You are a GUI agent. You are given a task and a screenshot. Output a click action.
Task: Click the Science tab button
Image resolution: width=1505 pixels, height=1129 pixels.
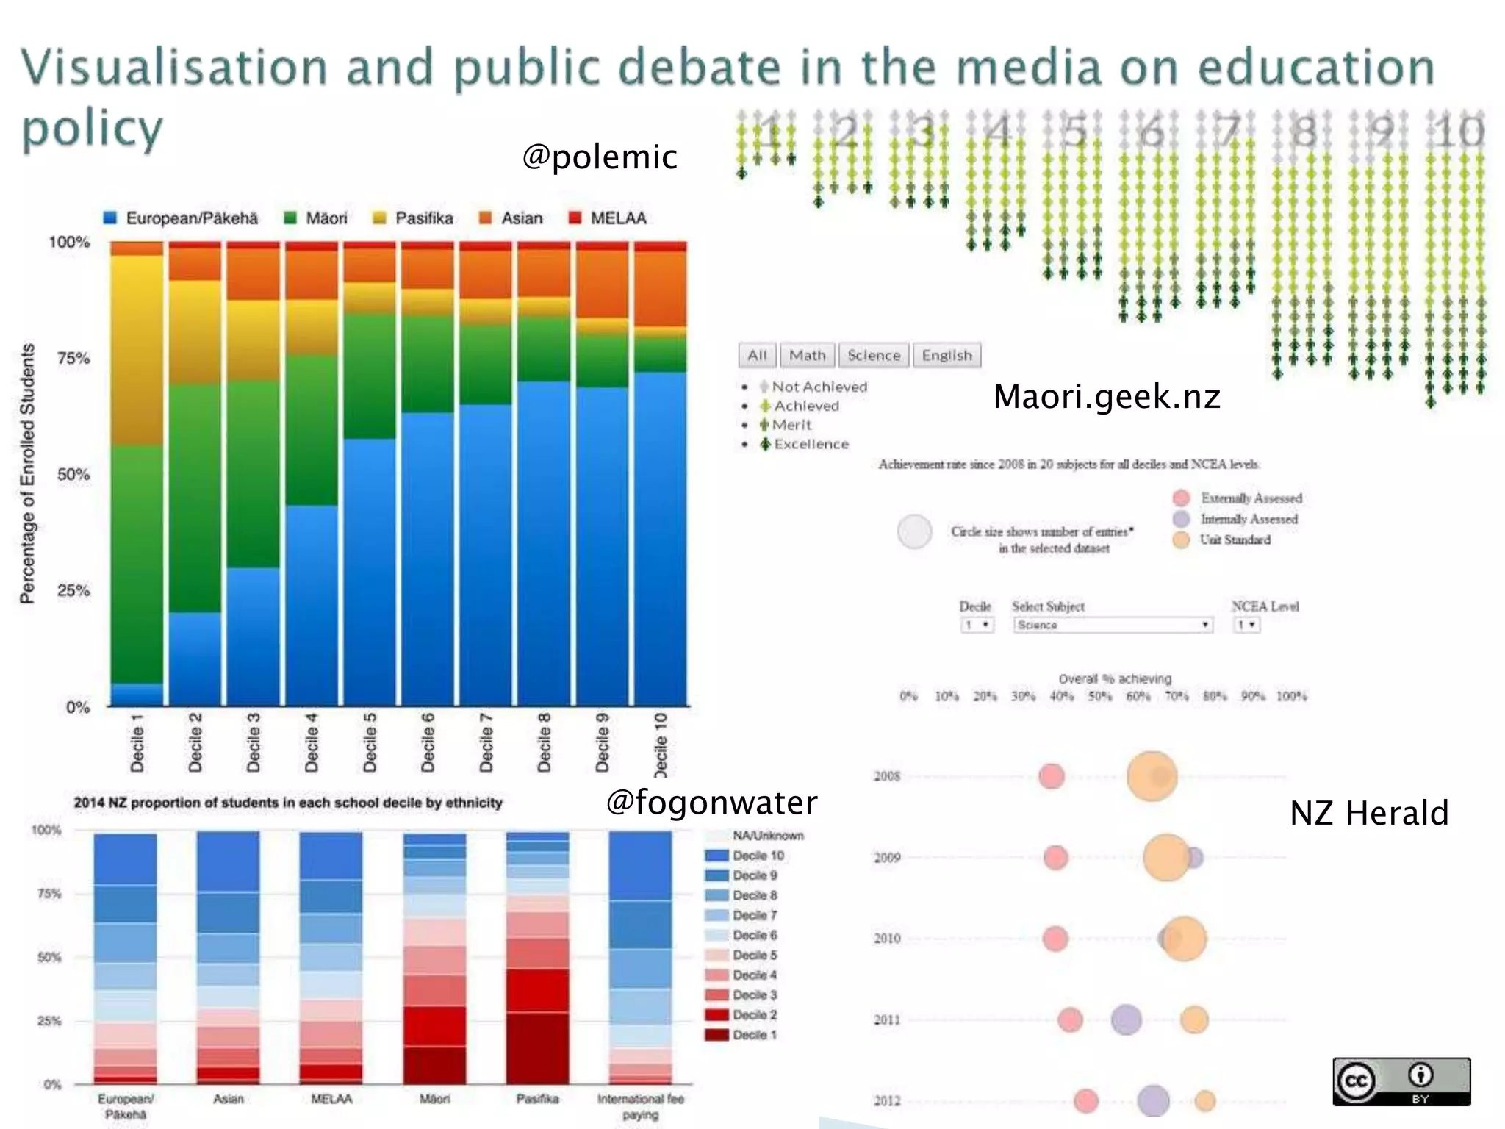pos(873,356)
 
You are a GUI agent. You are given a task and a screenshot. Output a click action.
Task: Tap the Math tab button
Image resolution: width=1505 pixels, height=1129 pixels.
pos(807,356)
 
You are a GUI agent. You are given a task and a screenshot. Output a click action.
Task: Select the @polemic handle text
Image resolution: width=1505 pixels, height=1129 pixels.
pos(599,157)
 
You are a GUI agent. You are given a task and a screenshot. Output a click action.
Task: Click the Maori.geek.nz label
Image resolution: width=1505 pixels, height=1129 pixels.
pos(1106,397)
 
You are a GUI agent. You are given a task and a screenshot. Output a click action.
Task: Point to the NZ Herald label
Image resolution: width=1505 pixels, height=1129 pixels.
pos(1368,814)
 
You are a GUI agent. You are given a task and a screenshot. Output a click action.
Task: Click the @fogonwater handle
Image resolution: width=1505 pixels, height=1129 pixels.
pos(711,802)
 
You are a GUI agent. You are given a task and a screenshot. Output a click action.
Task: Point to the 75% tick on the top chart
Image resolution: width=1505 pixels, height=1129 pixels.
pos(73,358)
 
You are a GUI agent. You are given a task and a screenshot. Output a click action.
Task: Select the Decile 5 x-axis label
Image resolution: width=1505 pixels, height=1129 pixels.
pos(370,742)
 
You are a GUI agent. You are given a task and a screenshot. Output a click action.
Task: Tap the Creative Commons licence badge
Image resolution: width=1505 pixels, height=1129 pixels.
pos(1401,1081)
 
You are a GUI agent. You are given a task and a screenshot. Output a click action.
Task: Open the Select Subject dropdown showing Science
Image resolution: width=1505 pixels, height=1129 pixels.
pos(1112,625)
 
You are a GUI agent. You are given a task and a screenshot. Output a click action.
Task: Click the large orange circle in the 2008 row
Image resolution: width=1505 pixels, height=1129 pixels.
pos(1151,776)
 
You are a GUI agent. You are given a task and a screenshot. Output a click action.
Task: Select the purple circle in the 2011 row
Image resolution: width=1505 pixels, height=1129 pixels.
pos(1126,1019)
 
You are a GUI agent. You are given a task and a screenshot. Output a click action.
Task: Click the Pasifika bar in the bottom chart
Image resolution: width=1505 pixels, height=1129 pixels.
pos(537,958)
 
